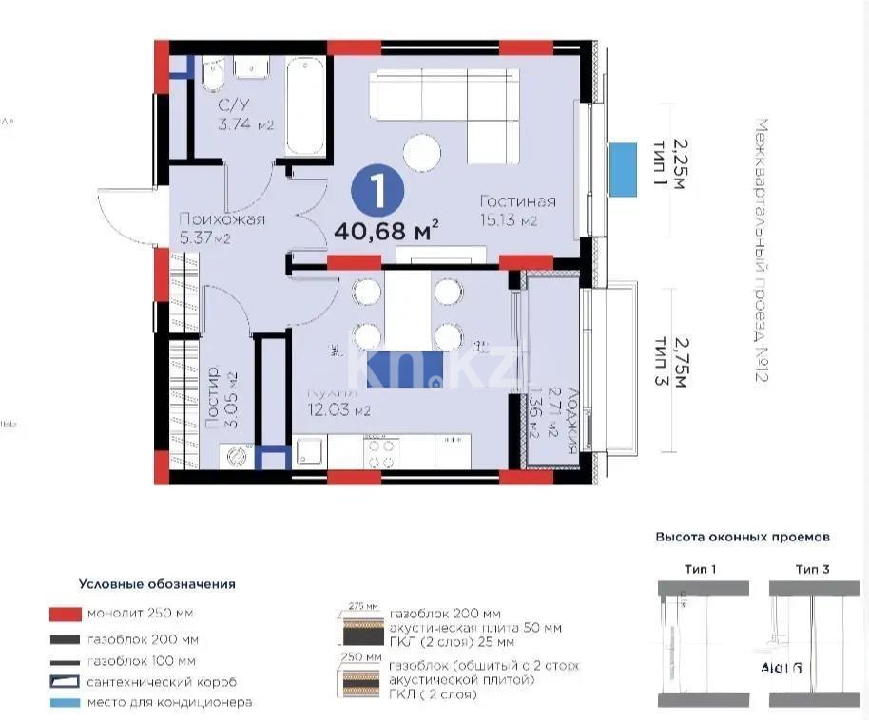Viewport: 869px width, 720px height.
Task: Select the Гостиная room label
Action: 517,201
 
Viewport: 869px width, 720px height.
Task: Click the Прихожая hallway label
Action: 222,219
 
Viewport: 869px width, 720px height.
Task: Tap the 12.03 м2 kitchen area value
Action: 338,410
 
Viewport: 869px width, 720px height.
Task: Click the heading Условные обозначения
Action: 157,584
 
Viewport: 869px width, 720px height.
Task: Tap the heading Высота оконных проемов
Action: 742,537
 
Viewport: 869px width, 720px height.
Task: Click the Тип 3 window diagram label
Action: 812,569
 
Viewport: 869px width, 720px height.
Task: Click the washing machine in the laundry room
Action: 235,458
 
